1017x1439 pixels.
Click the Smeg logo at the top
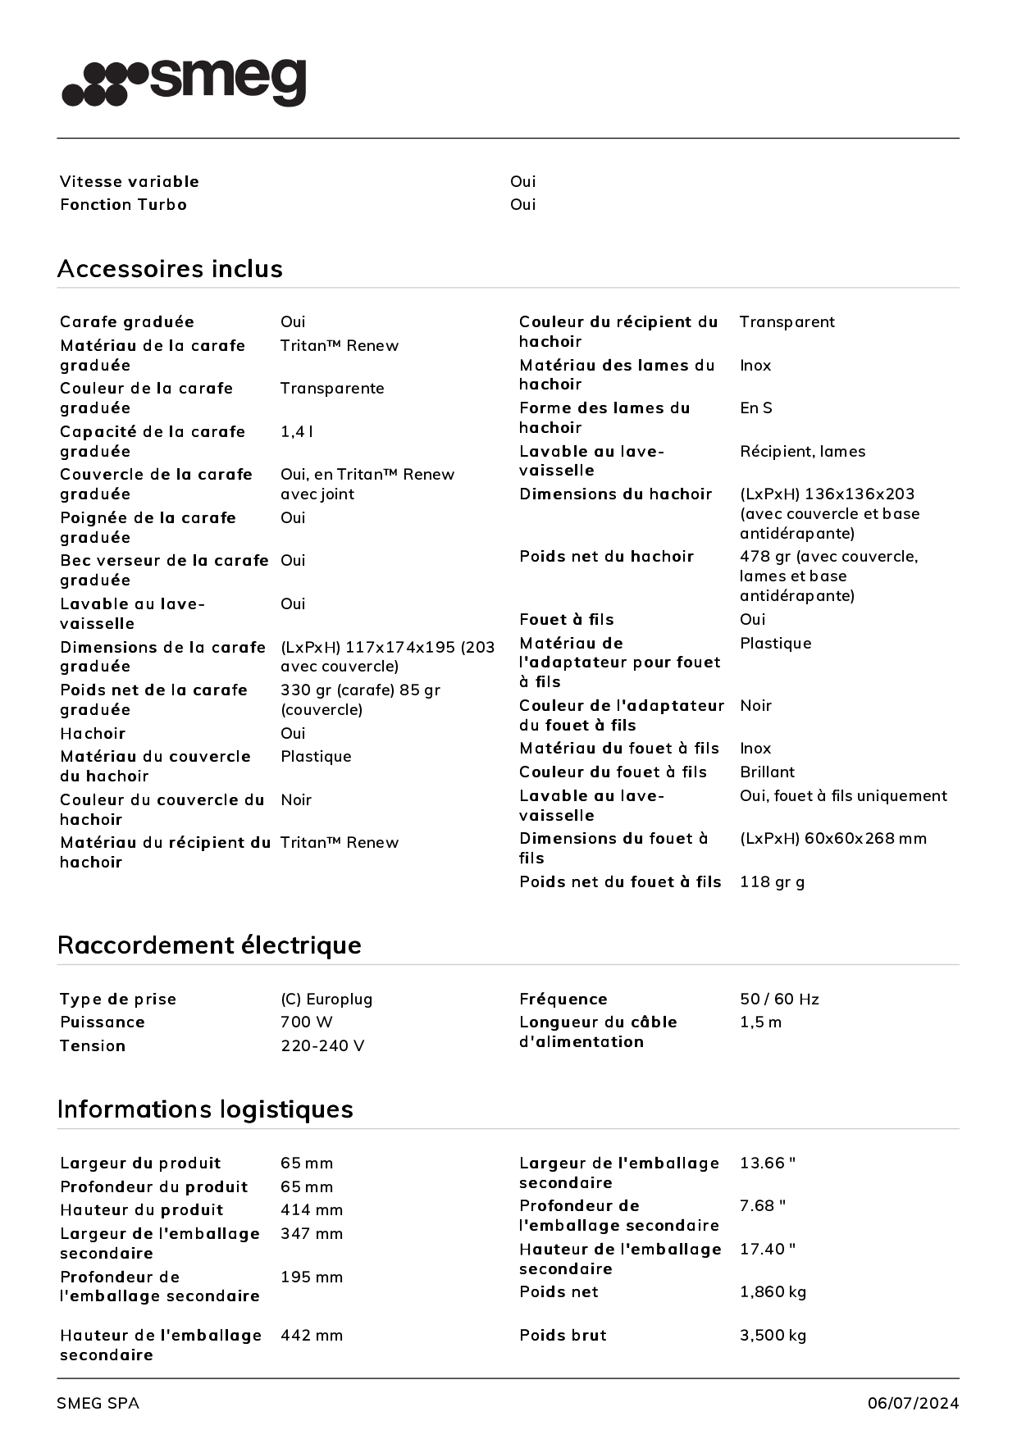tap(184, 82)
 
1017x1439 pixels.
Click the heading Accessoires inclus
tap(170, 269)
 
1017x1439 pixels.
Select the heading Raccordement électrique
tap(209, 945)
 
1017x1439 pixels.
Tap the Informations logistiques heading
tap(205, 1109)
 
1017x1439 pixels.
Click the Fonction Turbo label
tap(123, 205)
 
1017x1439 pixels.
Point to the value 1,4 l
tap(297, 432)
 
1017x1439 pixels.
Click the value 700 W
tap(307, 1022)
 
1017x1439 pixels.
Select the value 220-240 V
tap(322, 1046)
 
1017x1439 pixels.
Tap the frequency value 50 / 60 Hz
tap(779, 1000)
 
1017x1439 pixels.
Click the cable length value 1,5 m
tap(760, 1022)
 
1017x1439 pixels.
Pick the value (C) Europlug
tap(326, 1000)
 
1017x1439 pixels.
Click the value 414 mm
tap(312, 1210)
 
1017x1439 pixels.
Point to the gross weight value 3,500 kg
tap(773, 1336)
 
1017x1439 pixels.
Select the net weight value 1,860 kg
tap(773, 1292)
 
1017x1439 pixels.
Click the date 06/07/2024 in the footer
tap(913, 1404)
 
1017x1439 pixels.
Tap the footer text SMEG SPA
tap(98, 1404)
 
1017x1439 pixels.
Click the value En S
tap(755, 408)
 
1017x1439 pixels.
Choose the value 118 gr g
tap(772, 882)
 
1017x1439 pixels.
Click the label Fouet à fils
tap(566, 620)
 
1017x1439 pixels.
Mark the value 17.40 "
tap(768, 1250)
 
